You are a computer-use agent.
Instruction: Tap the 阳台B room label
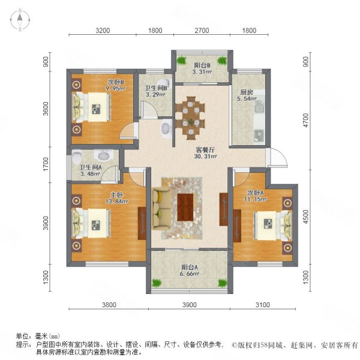[x=201, y=66]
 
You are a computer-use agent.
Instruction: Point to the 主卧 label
[x=115, y=194]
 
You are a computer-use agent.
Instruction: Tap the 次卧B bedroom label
[x=116, y=82]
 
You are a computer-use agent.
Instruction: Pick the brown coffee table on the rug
[x=185, y=205]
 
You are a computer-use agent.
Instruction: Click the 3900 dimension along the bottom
[x=189, y=305]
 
